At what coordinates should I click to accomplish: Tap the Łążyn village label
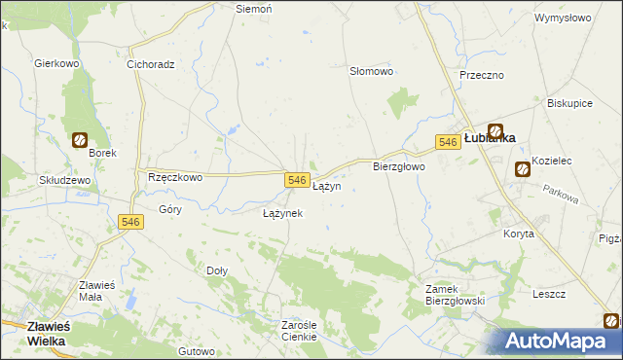pos(326,186)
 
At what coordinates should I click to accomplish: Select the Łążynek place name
pos(283,213)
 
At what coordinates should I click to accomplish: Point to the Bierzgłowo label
pos(399,167)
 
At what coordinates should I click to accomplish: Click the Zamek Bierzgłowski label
pos(455,295)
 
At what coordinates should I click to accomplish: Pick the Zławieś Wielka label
pos(33,335)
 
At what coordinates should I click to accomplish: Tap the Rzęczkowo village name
pos(174,178)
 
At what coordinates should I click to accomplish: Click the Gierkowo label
pos(55,64)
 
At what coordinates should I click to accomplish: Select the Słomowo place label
pos(371,72)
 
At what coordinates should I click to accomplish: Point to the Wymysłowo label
pos(564,18)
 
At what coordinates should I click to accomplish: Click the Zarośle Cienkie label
pos(300,331)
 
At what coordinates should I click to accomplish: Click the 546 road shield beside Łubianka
pos(447,142)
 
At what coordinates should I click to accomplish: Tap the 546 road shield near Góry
pos(131,223)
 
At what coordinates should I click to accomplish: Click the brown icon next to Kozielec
pos(522,168)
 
